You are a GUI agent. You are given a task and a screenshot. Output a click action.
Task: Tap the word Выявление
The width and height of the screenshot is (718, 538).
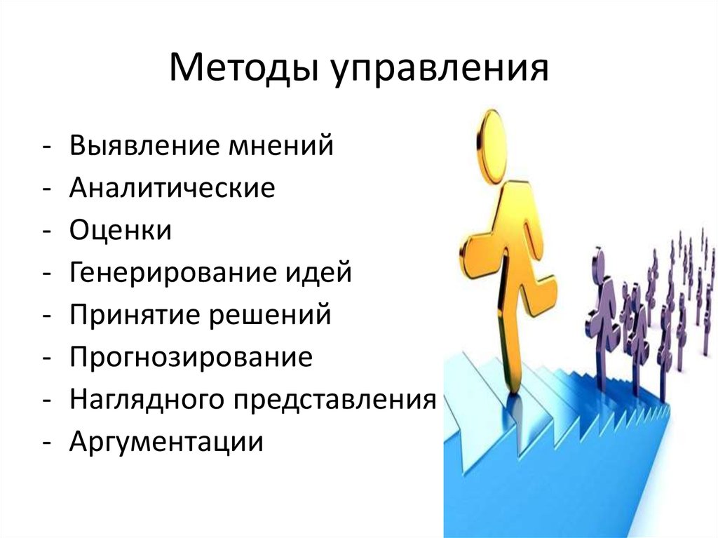point(144,147)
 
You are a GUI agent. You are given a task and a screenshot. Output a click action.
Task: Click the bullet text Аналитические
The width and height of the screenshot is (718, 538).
point(172,189)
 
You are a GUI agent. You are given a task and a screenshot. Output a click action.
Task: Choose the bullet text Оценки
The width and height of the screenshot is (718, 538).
point(120,231)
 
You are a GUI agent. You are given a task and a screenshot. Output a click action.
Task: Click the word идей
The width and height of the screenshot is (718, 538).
point(323,273)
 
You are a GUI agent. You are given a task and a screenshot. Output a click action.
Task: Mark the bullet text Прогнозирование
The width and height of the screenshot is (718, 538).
point(191,357)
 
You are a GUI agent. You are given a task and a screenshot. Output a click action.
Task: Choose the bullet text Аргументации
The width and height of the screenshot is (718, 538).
point(166,442)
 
